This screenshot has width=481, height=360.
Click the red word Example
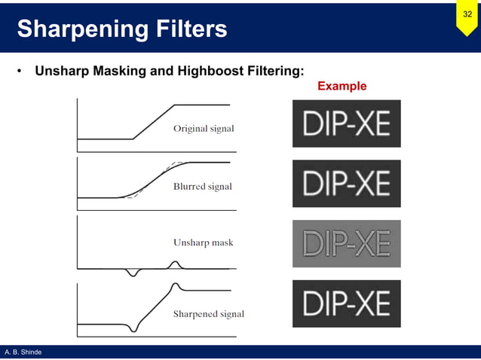pos(342,86)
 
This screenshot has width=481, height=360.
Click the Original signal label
pos(204,129)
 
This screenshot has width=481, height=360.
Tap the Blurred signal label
pos(202,186)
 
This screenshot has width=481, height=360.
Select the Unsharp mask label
pos(203,243)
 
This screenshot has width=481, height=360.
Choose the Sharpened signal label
pos(208,313)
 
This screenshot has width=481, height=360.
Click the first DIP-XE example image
pos(346,124)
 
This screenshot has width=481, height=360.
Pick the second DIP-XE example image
pos(346,183)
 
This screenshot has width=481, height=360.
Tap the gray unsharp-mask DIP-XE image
pos(346,243)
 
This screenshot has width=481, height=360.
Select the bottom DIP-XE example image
pos(346,304)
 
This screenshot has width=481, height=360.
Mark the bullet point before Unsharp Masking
pos(18,73)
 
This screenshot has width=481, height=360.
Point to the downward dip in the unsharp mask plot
pos(133,273)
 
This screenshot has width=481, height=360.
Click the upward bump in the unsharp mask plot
pos(175,264)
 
